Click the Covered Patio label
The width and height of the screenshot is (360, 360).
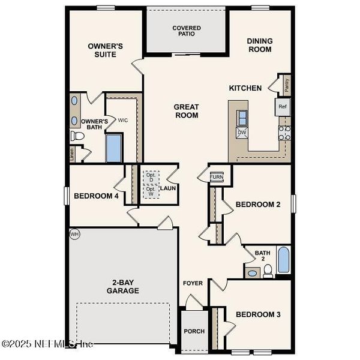pos(187,31)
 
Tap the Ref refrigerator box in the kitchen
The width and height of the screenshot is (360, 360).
pos(283,107)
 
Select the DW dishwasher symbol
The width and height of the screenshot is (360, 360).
pos(242,133)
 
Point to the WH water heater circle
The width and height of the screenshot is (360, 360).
pos(75,233)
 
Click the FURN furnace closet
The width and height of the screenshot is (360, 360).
pos(216,177)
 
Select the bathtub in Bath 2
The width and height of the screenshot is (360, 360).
pos(283,261)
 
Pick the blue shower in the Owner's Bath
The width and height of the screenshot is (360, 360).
pos(114,148)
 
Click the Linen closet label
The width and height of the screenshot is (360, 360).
pos(73,154)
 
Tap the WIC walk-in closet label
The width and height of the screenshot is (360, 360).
pos(123,120)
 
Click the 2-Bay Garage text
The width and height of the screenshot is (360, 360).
pos(123,286)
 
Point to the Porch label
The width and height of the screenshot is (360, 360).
pos(194,331)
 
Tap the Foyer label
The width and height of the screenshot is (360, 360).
pos(193,283)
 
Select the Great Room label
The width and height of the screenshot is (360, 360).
pos(186,111)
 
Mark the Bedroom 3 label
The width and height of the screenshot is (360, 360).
pos(258,314)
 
